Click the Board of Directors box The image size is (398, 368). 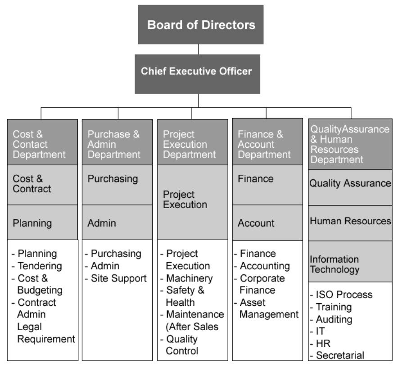click(x=200, y=25)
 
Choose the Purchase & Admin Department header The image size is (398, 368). click(x=117, y=144)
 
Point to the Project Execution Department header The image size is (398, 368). click(x=192, y=144)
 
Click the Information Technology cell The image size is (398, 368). click(x=350, y=264)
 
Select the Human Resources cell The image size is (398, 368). click(x=350, y=221)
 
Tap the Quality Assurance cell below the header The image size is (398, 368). click(x=350, y=183)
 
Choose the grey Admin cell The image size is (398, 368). click(x=117, y=223)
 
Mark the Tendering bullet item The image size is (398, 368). click(x=40, y=266)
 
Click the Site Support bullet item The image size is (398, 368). click(x=118, y=278)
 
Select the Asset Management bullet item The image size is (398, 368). click(x=268, y=309)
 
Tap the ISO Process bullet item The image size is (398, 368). click(x=344, y=295)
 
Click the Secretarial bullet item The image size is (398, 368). click(x=340, y=355)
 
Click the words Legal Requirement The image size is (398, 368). click(x=46, y=333)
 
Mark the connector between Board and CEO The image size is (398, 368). click(x=199, y=49)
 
